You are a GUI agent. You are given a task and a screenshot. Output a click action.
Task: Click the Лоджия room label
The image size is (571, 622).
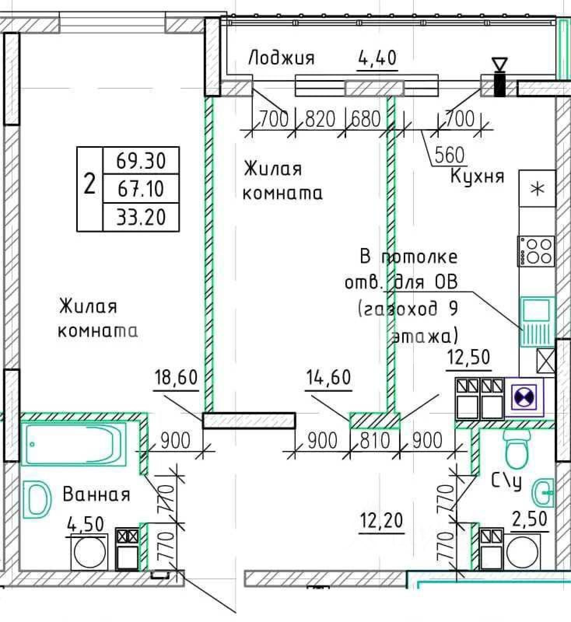point(281,58)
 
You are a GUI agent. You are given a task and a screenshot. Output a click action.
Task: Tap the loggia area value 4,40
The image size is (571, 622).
point(377,58)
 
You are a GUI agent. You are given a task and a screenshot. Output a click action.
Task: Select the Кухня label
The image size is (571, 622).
point(477,176)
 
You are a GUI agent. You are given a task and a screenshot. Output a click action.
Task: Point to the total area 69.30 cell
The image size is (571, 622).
point(141,160)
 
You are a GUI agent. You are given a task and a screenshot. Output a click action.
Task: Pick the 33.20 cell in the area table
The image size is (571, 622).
point(141,217)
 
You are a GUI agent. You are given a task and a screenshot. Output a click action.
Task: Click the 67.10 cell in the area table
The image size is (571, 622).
point(141,189)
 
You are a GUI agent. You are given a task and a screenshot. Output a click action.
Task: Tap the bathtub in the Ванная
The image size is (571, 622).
point(73,444)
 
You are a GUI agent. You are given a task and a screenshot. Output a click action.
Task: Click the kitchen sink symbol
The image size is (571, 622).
point(537,321)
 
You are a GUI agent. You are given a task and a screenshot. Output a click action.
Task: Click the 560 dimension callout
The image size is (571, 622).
point(449,155)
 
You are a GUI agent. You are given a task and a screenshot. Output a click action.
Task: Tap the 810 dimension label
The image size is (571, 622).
point(375,441)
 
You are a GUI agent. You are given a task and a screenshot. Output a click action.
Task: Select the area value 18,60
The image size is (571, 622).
point(176,377)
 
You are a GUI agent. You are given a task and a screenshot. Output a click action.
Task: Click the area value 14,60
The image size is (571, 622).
point(328,377)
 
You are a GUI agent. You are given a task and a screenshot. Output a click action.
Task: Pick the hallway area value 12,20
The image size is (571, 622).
point(381,521)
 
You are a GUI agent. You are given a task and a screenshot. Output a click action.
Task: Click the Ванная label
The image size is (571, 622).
point(96,495)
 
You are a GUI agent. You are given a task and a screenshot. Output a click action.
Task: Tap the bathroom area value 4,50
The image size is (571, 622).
point(86,524)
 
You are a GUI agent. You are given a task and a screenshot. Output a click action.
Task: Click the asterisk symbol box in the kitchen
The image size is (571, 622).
point(537,189)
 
